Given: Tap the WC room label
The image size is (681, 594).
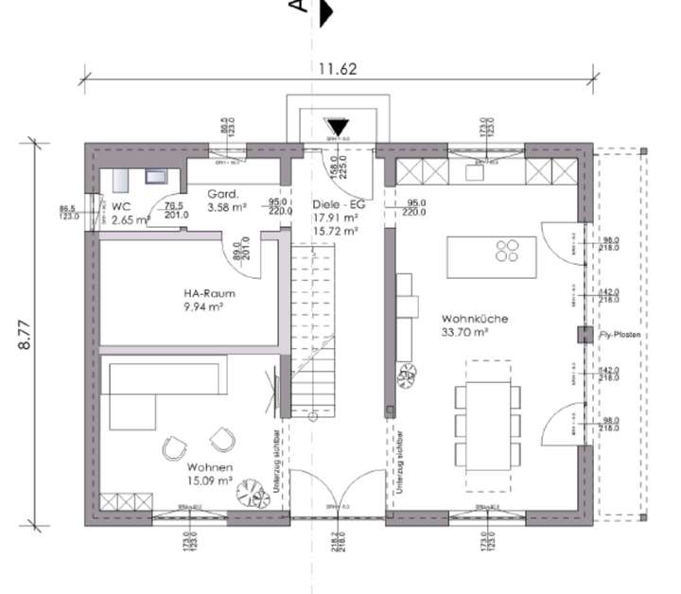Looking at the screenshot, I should pyautogui.click(x=120, y=206).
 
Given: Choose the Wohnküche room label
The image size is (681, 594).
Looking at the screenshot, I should pyautogui.click(x=474, y=320).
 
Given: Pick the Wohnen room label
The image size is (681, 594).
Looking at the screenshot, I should pyautogui.click(x=210, y=467).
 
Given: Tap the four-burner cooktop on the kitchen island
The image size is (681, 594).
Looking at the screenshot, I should pyautogui.click(x=507, y=250).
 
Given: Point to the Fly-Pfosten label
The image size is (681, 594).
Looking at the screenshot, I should pyautogui.click(x=620, y=336).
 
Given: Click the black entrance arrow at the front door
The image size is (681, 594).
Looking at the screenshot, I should pyautogui.click(x=338, y=128).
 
